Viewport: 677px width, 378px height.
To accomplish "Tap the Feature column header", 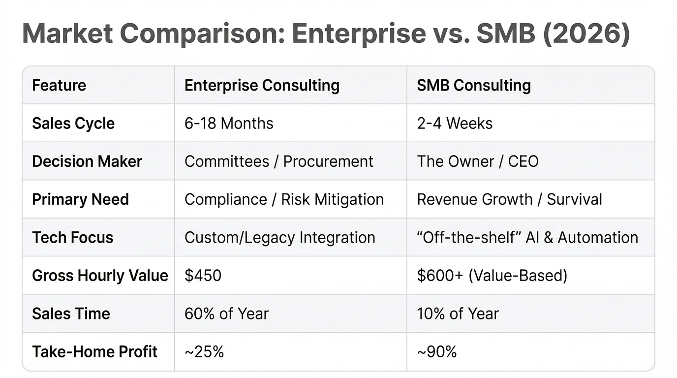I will (59, 85).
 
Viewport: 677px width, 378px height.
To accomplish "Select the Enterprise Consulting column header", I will (262, 85).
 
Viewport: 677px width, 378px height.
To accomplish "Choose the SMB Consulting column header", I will (474, 85).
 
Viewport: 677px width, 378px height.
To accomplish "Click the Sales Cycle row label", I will (73, 123).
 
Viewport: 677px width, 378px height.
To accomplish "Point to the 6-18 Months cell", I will (229, 123).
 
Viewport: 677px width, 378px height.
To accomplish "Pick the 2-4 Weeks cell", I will (455, 123).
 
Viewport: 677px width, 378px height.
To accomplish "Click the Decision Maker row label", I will (87, 161).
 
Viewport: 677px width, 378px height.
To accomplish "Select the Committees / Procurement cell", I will (279, 161).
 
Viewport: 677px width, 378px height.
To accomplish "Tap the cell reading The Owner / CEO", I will (478, 161).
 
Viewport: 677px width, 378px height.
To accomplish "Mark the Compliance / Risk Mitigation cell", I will (284, 199).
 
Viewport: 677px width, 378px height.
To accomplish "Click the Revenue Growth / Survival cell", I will (509, 199).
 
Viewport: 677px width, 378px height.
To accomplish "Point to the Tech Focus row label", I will (73, 237).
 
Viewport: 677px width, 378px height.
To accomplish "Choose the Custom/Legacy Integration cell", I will (279, 237).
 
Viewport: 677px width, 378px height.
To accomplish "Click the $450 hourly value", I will (203, 275).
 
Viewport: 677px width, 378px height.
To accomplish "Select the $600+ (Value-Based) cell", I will (492, 275).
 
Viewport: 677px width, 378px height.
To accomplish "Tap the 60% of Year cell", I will (226, 314).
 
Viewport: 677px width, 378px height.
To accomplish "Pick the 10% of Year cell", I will (458, 314).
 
